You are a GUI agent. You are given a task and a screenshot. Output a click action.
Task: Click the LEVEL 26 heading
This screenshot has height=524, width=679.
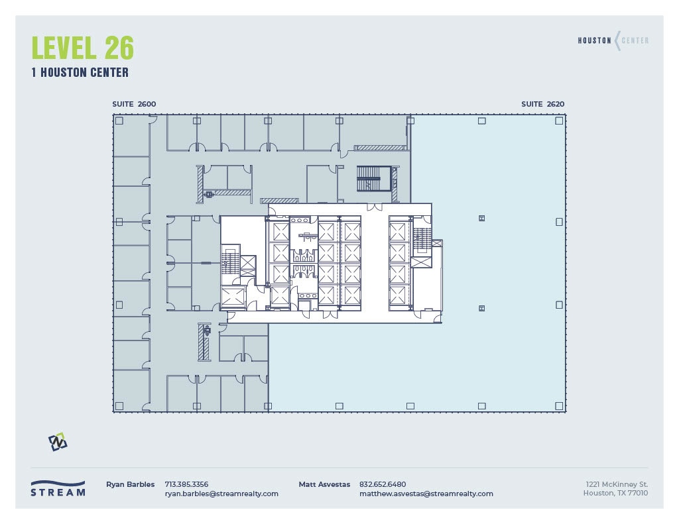point(83,48)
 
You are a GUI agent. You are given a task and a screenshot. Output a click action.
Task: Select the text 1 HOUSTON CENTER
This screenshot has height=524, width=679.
point(80,73)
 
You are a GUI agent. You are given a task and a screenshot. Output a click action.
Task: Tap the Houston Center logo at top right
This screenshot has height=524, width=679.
point(613,40)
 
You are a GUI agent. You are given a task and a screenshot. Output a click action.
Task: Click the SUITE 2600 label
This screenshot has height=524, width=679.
point(134,104)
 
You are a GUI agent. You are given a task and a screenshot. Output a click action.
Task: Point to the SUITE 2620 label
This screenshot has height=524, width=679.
point(542,104)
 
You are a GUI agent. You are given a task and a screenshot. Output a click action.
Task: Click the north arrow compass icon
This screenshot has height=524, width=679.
point(58,442)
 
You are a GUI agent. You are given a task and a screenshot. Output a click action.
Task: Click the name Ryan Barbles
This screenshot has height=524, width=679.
point(130,484)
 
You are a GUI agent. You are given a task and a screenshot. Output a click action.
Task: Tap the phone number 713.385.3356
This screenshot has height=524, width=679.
point(186,484)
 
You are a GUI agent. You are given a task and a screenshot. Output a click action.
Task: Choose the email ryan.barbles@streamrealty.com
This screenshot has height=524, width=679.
point(221,494)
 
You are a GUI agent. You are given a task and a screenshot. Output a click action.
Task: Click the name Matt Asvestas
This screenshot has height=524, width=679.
point(324,484)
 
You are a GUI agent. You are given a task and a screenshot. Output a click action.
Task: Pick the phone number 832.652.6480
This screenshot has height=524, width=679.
point(382,484)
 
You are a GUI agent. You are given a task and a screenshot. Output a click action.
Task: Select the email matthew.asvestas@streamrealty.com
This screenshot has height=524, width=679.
point(426,494)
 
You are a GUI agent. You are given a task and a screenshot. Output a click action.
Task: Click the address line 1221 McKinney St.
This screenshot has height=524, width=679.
point(617,484)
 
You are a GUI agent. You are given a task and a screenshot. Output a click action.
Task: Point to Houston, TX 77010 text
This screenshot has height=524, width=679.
point(615,493)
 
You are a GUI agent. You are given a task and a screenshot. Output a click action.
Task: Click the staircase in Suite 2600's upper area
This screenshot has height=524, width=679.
point(370,178)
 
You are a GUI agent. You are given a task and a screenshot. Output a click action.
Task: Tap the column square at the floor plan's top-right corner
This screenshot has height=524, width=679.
point(559,121)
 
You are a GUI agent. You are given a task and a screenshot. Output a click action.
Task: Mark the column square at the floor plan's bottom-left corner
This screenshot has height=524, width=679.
point(119,405)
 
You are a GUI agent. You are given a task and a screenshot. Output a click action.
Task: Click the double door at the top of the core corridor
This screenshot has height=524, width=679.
point(375,208)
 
